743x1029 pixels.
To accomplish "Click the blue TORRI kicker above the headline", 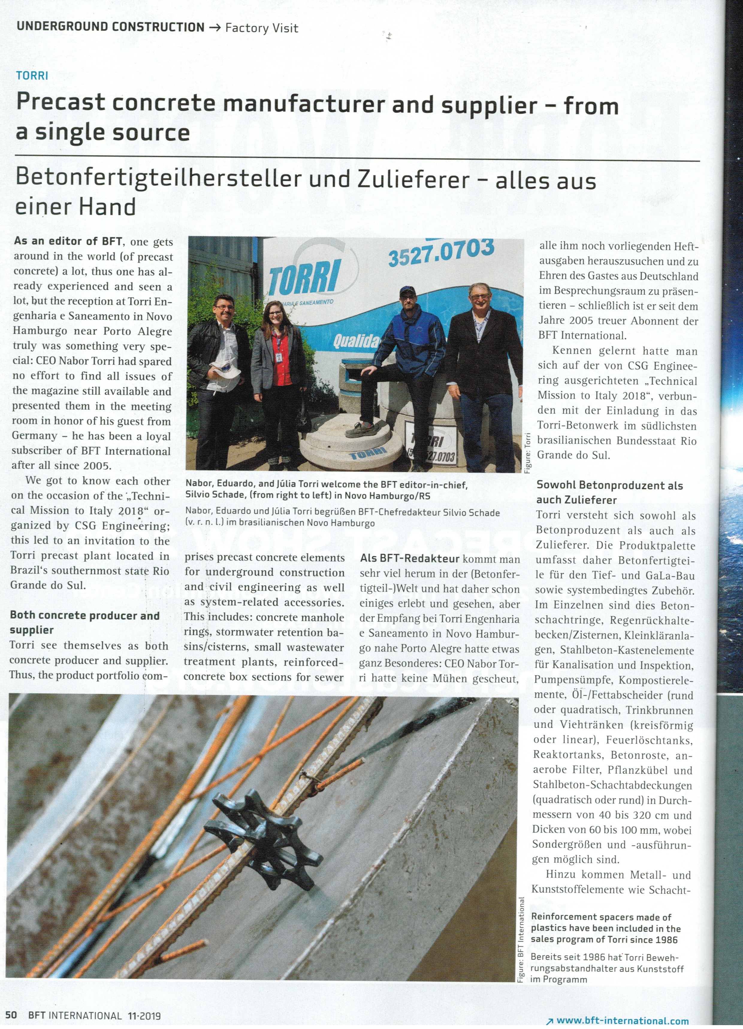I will (x=32, y=75).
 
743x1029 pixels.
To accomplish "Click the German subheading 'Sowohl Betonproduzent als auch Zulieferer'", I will (x=608, y=492).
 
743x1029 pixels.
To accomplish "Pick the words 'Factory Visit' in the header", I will (x=262, y=28).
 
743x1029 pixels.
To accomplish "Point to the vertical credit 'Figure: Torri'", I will (x=527, y=452).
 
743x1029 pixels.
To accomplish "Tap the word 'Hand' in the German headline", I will (x=108, y=207).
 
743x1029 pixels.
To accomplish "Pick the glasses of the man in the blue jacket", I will (x=409, y=295).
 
